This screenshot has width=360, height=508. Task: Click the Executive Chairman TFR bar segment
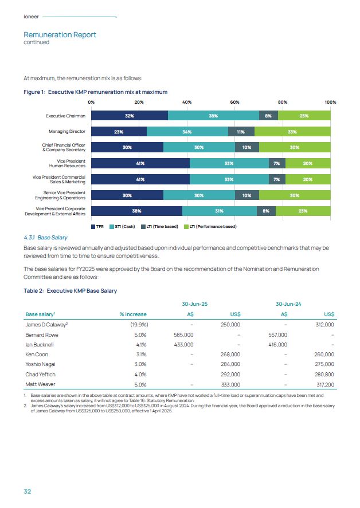[x=129, y=116]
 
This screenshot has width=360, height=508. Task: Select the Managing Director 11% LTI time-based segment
[x=241, y=131]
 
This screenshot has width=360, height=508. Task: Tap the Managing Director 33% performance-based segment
[x=292, y=131]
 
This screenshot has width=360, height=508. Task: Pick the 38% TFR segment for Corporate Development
[x=136, y=211]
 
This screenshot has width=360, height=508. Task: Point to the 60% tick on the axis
[x=234, y=102]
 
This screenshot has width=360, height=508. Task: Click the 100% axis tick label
[x=330, y=102]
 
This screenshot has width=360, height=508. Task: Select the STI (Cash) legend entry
[x=122, y=227]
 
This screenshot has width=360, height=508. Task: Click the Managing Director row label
[x=67, y=132]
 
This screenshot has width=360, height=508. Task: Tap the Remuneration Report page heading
[x=60, y=34]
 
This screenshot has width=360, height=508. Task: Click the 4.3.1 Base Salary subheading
[x=45, y=237]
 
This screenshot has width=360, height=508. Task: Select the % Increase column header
[x=132, y=314]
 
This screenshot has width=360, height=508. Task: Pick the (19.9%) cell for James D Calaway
[x=136, y=324]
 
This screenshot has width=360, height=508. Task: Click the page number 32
[x=28, y=491]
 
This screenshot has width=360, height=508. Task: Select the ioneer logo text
[x=30, y=17]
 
